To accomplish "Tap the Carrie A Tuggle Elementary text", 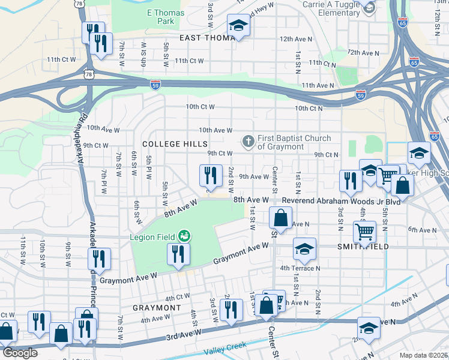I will pos(331,8).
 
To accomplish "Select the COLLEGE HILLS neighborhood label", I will pos(175,144).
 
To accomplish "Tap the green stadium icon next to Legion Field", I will pos(184,236).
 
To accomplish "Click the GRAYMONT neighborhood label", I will pos(156,307).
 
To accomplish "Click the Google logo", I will pos(19,352).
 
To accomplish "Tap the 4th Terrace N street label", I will pos(300,268).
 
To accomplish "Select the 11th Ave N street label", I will pos(318,86).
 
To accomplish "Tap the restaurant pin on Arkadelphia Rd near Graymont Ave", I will pos(99,259).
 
